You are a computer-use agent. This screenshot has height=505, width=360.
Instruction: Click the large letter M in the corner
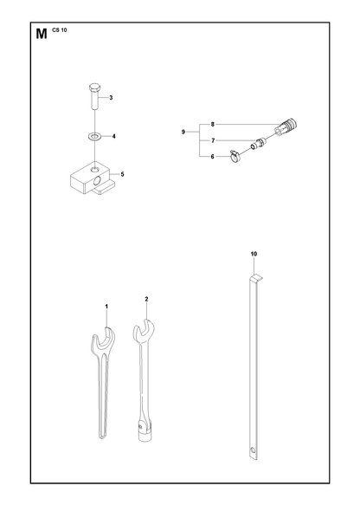[x=42, y=34]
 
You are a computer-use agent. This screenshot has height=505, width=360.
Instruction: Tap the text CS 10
[x=59, y=30]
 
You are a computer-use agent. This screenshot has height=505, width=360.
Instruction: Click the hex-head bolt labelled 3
[x=94, y=96]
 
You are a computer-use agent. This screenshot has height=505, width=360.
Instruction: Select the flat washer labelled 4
[x=95, y=137]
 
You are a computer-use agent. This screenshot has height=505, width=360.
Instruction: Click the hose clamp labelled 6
[x=235, y=156]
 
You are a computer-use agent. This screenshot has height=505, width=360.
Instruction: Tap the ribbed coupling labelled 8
[x=286, y=126]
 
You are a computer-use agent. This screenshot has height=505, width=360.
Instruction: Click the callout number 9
[x=183, y=132]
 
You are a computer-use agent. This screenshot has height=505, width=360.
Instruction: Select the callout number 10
[x=254, y=254]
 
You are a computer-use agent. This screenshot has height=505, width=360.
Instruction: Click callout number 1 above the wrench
[x=106, y=307]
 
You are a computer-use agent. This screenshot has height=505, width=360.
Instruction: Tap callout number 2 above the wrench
[x=146, y=299]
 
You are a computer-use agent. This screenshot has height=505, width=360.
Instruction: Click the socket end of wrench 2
[x=144, y=431]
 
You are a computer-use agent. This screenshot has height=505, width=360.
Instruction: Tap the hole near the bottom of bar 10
[x=254, y=450]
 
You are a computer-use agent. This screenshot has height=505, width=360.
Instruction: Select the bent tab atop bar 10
[x=256, y=277]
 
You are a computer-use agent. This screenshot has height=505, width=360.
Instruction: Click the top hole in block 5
[x=94, y=169]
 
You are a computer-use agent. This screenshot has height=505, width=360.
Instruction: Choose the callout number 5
[x=122, y=175]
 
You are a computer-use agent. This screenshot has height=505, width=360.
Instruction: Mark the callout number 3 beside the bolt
[x=111, y=98]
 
